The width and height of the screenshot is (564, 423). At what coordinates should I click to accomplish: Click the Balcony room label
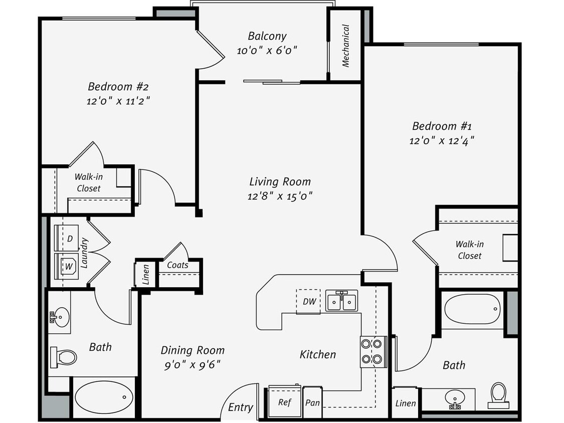(x=267, y=36)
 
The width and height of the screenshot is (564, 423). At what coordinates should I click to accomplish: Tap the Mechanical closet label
(x=345, y=46)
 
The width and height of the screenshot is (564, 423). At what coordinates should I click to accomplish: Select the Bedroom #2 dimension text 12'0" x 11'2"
(x=118, y=101)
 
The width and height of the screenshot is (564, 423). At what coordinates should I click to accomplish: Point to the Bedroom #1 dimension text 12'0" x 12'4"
(x=441, y=141)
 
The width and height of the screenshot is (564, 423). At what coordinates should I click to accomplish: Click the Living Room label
(x=280, y=181)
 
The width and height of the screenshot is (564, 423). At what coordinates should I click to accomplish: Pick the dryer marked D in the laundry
(x=69, y=239)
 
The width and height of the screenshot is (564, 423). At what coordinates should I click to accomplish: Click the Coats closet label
(x=177, y=265)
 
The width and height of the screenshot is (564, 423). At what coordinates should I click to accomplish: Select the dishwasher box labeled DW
(x=309, y=301)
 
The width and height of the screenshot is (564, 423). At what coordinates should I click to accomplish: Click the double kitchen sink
(x=341, y=302)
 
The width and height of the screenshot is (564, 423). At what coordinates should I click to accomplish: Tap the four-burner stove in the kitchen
(x=373, y=351)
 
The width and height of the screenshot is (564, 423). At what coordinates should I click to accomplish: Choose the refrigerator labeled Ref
(x=285, y=402)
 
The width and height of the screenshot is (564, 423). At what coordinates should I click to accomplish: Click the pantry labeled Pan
(x=312, y=402)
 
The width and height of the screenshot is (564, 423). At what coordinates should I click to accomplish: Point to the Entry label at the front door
(x=241, y=407)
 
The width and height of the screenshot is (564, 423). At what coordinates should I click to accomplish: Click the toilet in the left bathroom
(x=64, y=357)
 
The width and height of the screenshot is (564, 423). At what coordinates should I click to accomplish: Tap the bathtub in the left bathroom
(x=104, y=397)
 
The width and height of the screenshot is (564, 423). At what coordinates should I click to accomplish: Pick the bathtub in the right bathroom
(x=472, y=309)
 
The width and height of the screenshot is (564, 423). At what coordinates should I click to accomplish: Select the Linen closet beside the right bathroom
(x=405, y=402)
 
